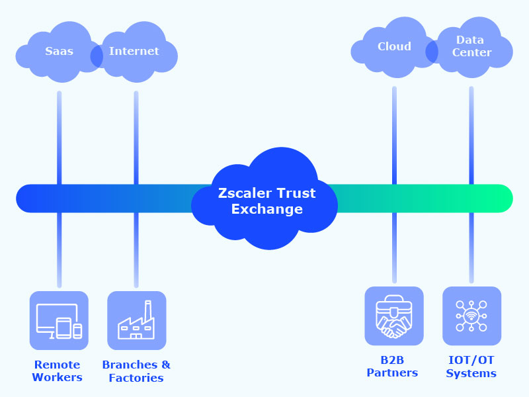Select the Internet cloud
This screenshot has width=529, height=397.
135,52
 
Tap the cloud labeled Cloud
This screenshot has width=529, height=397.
394,47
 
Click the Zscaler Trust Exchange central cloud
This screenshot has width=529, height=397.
264,198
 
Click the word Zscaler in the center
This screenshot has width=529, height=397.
243,193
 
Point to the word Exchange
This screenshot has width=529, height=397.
266,210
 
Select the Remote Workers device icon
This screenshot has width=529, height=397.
59,320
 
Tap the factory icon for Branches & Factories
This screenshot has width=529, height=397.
136,320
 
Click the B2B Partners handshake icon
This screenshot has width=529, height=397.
394,316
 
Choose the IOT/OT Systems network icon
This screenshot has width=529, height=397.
471,316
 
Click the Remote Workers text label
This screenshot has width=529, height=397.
58,371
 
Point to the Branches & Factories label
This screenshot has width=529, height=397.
136,371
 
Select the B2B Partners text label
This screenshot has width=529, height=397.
392,366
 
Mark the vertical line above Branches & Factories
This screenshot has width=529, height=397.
136,251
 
